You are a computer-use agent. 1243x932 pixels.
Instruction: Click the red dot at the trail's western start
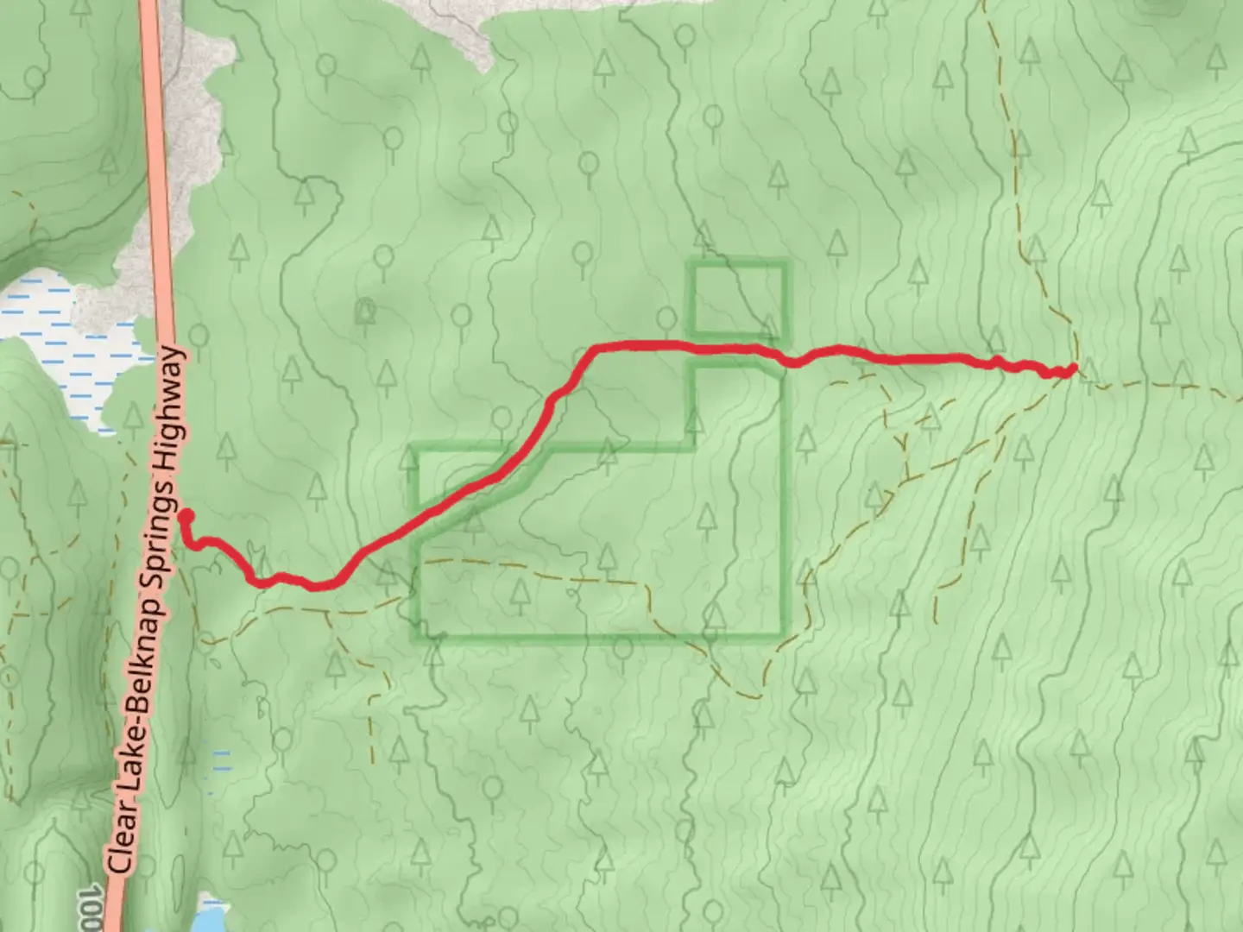pos(186,517)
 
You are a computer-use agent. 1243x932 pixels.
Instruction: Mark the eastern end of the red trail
pos(1072,369)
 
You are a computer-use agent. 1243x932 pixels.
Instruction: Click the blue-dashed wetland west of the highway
pos(60,345)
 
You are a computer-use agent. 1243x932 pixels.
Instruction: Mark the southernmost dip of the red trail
pos(318,587)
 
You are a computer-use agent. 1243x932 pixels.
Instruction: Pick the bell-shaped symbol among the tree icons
pos(367,310)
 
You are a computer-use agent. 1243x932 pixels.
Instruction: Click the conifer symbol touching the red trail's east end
pos(1087,371)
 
